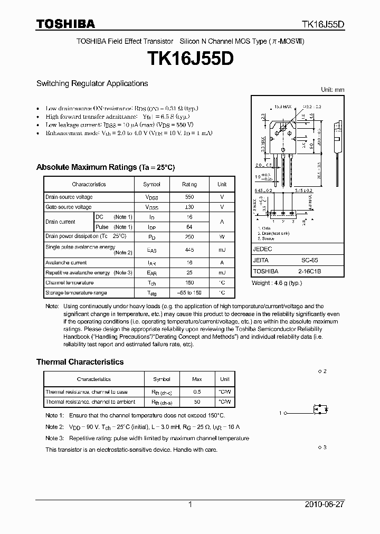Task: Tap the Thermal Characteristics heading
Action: tap(80, 362)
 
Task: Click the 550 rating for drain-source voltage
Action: tap(189, 197)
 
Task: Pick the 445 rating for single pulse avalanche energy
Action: tap(189, 250)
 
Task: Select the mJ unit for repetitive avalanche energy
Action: tap(222, 273)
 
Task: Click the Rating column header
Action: tap(189, 185)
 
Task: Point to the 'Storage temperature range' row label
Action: tap(76, 293)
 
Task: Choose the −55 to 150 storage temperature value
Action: tap(189, 293)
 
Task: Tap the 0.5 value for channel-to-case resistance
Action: tap(197, 392)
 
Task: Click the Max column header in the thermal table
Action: tap(197, 379)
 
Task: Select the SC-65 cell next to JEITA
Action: tap(309, 260)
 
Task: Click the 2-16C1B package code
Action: tap(309, 271)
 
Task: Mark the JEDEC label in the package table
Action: tap(262, 249)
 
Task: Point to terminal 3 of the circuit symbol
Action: tap(323, 447)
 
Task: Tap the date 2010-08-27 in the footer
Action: tap(325, 504)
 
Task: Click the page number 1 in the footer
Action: tap(190, 504)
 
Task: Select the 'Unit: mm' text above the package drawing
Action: tap(332, 90)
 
